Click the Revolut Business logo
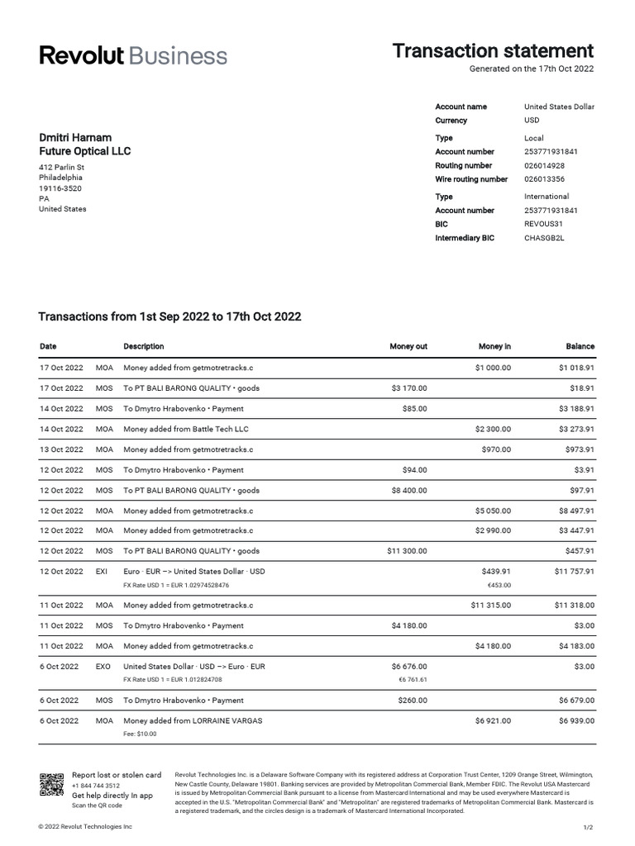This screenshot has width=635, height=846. pyautogui.click(x=133, y=55)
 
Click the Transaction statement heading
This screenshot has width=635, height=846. pyautogui.click(x=493, y=50)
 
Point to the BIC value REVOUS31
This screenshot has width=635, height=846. pyautogui.click(x=544, y=224)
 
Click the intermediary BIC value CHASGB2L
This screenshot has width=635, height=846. pyautogui.click(x=543, y=238)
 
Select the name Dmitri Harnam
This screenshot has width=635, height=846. pyautogui.click(x=75, y=137)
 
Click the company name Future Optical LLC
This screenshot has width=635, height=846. pyautogui.click(x=84, y=151)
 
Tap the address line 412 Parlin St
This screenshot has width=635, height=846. pyautogui.click(x=62, y=167)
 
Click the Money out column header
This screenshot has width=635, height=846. pyautogui.click(x=408, y=346)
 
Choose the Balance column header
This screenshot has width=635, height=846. pyautogui.click(x=580, y=346)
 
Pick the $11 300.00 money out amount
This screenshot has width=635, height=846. pyautogui.click(x=407, y=551)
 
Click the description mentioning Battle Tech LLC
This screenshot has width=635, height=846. pyautogui.click(x=185, y=429)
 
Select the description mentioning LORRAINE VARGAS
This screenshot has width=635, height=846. pyautogui.click(x=193, y=720)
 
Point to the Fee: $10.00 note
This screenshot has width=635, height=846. pyautogui.click(x=140, y=734)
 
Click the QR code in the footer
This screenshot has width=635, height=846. pyautogui.click(x=51, y=785)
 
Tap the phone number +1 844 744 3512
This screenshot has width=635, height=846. pyautogui.click(x=96, y=786)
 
